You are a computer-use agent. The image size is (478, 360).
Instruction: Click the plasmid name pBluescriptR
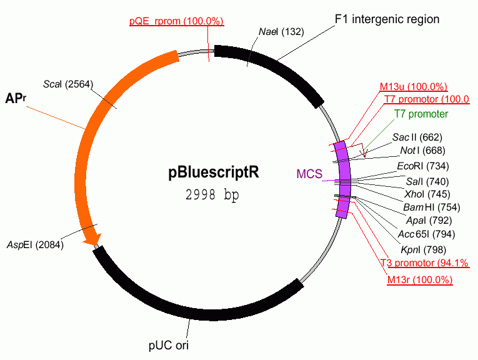(x=213, y=173)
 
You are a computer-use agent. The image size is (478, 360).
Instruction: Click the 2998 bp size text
(x=212, y=194)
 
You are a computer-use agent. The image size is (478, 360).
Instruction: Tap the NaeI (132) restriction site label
(x=281, y=32)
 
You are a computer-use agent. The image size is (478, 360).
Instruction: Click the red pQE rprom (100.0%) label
(x=176, y=21)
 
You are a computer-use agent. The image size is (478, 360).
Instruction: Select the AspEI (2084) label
(x=35, y=244)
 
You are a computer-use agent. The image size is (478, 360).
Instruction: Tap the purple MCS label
(x=309, y=172)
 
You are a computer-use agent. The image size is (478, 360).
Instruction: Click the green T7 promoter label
(x=421, y=114)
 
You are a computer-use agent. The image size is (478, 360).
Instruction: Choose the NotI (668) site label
(x=421, y=151)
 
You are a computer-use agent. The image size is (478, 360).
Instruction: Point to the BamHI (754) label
(x=425, y=207)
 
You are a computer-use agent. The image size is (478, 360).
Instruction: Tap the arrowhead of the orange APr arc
(x=93, y=238)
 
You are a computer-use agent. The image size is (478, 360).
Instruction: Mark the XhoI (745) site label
(x=423, y=194)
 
